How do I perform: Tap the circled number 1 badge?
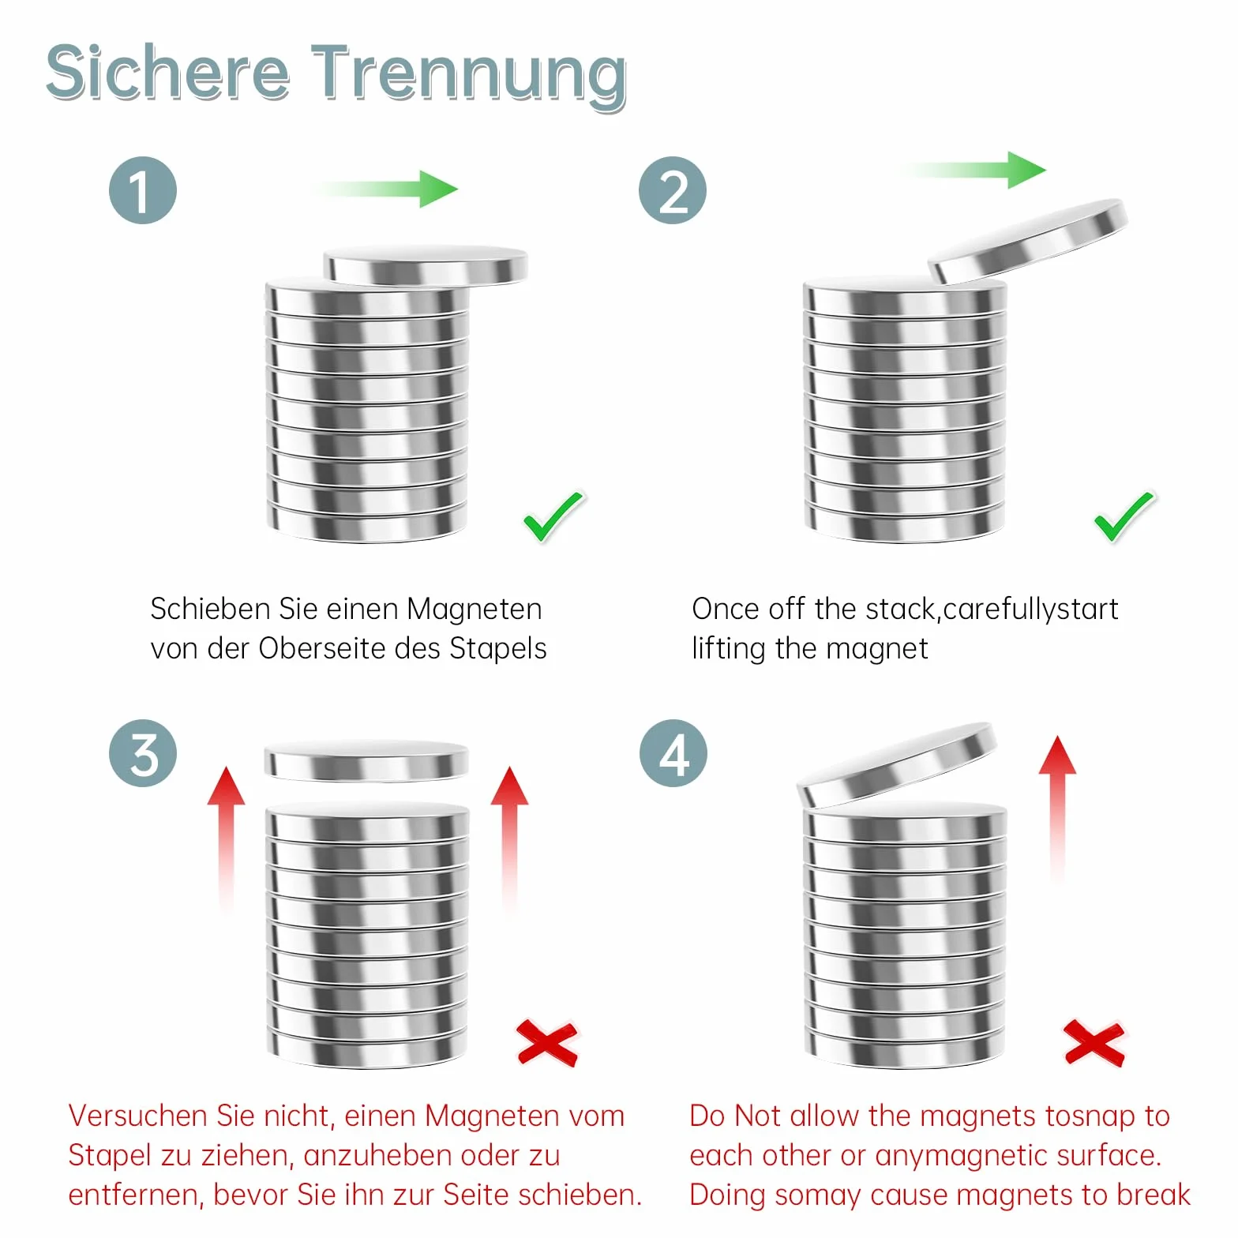tap(143, 190)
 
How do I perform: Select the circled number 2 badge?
tap(673, 190)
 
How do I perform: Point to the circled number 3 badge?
tap(143, 753)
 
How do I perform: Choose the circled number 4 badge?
tap(673, 753)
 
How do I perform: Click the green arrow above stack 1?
tap(385, 189)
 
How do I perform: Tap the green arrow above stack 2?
tap(975, 170)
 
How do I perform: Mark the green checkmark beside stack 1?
tap(554, 516)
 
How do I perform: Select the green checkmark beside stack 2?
tap(1124, 516)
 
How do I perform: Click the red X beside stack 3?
tap(547, 1042)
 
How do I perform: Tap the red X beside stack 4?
tap(1094, 1042)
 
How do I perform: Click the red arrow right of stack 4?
tap(1057, 809)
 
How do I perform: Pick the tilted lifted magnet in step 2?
tap(1027, 241)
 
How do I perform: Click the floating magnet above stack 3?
tap(366, 761)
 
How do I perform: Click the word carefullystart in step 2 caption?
tap(1030, 610)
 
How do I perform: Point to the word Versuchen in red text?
tap(138, 1116)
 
